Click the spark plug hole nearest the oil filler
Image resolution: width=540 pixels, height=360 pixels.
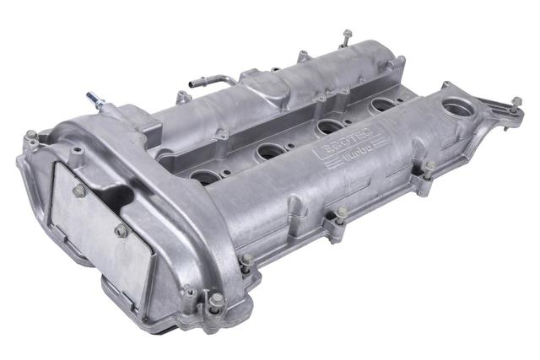[x=383, y=105]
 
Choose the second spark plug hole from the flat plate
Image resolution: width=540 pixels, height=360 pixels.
[x=271, y=151]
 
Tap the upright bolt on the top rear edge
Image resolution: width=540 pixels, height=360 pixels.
[x=346, y=36]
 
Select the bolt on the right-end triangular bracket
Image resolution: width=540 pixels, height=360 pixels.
[x=515, y=104]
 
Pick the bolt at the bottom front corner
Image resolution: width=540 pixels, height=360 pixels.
[x=216, y=299]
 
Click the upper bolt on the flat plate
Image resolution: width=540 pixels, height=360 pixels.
[x=79, y=191]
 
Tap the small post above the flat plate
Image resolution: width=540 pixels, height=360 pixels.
[x=77, y=153]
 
